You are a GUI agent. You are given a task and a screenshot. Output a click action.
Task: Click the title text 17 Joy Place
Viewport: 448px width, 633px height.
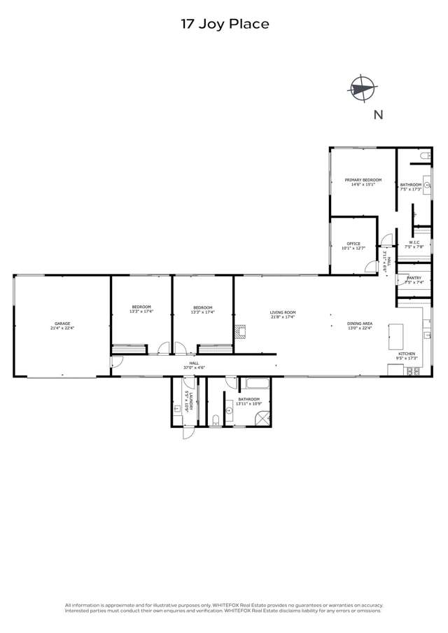pyautogui.click(x=224, y=25)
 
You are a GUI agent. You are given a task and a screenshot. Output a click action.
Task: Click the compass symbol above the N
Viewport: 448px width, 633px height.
pyautogui.click(x=362, y=89)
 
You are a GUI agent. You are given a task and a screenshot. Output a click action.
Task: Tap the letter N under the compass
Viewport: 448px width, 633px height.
pyautogui.click(x=378, y=116)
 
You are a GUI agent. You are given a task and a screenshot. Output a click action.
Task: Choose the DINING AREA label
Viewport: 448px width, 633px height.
pyautogui.click(x=360, y=325)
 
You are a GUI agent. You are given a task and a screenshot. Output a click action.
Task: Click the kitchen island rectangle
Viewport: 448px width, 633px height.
pyautogui.click(x=395, y=336)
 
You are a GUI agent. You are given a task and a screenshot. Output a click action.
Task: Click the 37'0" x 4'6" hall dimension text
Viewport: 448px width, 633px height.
pyautogui.click(x=194, y=368)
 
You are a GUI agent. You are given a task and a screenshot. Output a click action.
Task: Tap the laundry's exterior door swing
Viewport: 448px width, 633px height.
pyautogui.click(x=188, y=432)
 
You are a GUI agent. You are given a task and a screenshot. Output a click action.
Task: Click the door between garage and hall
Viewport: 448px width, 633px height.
pyautogui.click(x=116, y=362)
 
